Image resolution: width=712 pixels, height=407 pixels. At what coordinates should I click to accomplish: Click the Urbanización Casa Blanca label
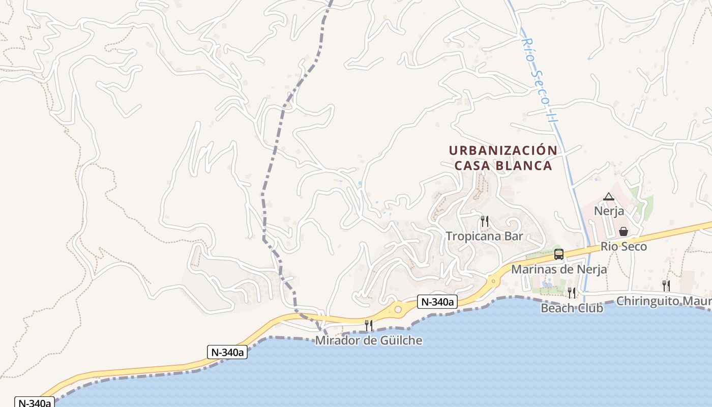503,158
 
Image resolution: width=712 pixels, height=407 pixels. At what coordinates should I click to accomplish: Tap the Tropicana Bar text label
484,236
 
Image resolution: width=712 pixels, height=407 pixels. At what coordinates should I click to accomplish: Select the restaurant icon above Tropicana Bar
484,221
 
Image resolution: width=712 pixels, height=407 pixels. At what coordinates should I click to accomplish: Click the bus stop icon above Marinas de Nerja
558,254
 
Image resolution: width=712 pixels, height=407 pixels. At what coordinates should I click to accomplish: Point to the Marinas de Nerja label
558,269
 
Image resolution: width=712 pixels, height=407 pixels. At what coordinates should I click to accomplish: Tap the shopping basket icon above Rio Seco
624,231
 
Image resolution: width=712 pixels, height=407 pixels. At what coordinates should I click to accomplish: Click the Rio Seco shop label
624,247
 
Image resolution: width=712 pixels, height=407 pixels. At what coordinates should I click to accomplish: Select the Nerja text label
609,211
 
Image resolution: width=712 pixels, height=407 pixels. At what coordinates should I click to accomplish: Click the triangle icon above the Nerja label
609,196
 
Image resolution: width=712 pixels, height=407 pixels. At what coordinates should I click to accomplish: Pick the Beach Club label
572,308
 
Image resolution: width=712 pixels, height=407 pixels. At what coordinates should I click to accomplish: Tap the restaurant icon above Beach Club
572,293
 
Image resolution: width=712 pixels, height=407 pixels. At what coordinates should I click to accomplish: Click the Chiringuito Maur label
664,301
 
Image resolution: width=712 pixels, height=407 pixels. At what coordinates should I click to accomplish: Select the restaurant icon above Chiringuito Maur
665,286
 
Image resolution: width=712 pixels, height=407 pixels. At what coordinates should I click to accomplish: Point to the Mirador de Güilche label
369,340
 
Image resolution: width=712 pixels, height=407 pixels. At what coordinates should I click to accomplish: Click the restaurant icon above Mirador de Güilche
369,325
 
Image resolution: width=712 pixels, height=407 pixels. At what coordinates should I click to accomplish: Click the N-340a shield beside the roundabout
437,302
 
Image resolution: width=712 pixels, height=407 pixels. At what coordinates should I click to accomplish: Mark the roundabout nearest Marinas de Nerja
492,280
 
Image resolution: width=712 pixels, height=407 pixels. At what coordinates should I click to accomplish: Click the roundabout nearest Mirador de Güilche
398,309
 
